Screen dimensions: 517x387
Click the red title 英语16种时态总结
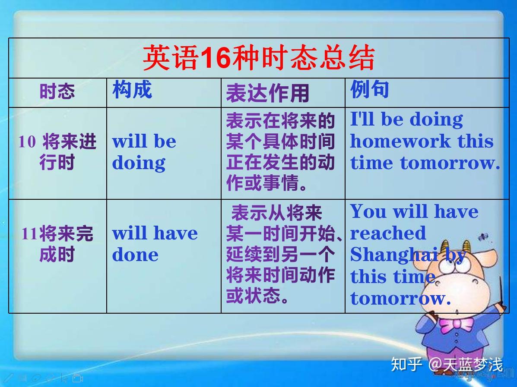click(259, 58)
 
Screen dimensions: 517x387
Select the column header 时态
click(57, 91)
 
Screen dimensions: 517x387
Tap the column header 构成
click(132, 89)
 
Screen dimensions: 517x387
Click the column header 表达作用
click(267, 93)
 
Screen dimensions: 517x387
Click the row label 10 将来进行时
click(57, 152)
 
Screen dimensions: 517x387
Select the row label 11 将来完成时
click(57, 244)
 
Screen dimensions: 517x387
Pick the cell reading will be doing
click(144, 152)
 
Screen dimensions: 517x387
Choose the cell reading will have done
click(155, 244)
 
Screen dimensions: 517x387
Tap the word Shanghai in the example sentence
click(394, 255)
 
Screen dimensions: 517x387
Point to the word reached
click(388, 233)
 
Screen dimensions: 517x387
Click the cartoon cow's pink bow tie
click(456, 325)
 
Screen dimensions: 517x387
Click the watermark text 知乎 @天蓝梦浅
click(447, 365)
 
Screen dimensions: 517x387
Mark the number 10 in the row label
click(27, 142)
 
